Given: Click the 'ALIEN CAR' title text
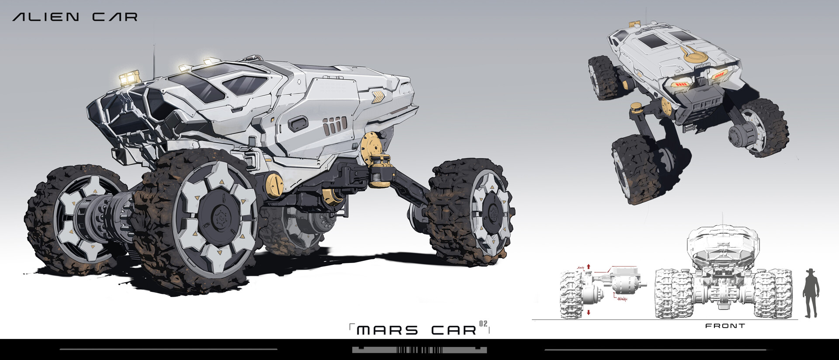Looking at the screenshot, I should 75,17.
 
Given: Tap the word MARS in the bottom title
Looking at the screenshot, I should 387,330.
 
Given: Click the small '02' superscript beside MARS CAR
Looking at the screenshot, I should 483,324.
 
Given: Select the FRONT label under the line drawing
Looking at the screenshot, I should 725,326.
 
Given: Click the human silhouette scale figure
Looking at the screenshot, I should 812,293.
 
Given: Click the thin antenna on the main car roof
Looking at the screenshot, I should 153,61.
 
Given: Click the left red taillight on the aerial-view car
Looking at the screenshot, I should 678,84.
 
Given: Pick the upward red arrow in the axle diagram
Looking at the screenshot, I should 589,266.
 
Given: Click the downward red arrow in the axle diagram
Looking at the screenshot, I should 589,312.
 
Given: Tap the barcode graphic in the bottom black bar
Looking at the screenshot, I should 419,350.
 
